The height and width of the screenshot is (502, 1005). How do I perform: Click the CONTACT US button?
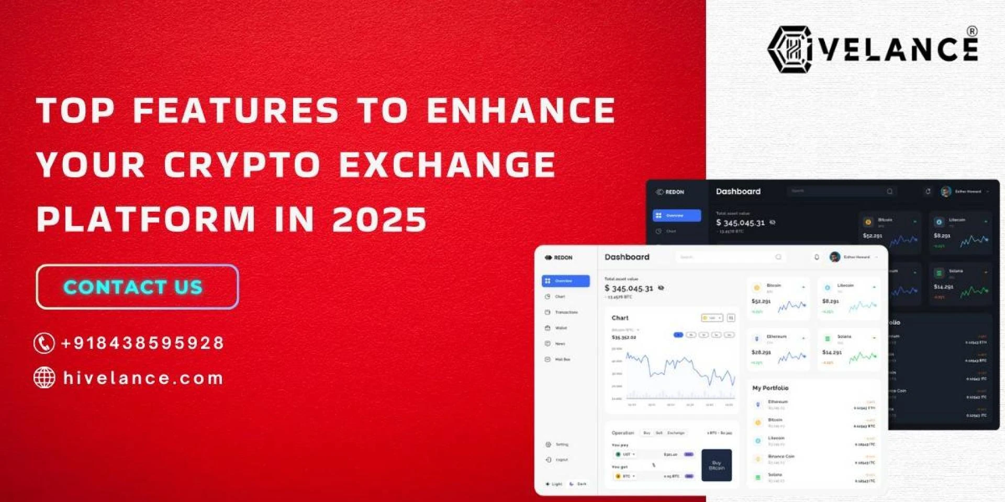click(137, 287)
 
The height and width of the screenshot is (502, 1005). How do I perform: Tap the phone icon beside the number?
click(44, 343)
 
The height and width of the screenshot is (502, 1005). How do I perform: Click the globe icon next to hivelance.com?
click(44, 377)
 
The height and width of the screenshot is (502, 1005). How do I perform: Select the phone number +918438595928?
click(142, 343)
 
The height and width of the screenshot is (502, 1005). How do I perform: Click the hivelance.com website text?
click(143, 378)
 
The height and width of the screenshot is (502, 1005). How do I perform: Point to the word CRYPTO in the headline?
click(242, 165)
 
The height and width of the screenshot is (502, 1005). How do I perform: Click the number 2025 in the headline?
click(379, 219)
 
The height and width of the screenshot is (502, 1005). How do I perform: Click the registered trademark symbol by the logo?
click(971, 31)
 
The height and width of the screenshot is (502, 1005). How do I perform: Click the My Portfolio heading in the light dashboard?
click(770, 388)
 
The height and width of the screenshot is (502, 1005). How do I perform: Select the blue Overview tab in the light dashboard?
click(565, 281)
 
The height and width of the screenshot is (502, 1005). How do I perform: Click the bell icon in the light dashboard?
click(817, 257)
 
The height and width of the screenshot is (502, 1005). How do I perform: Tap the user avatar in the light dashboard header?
click(835, 257)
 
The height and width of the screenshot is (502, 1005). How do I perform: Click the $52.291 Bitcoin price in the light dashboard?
click(761, 301)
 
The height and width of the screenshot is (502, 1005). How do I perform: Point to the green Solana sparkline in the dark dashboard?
click(974, 291)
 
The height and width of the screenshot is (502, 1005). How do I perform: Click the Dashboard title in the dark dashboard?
click(738, 191)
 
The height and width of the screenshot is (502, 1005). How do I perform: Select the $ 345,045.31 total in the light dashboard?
click(629, 288)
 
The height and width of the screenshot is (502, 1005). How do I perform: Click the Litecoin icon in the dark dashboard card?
click(939, 222)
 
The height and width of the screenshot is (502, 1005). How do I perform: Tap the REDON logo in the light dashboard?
click(559, 257)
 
